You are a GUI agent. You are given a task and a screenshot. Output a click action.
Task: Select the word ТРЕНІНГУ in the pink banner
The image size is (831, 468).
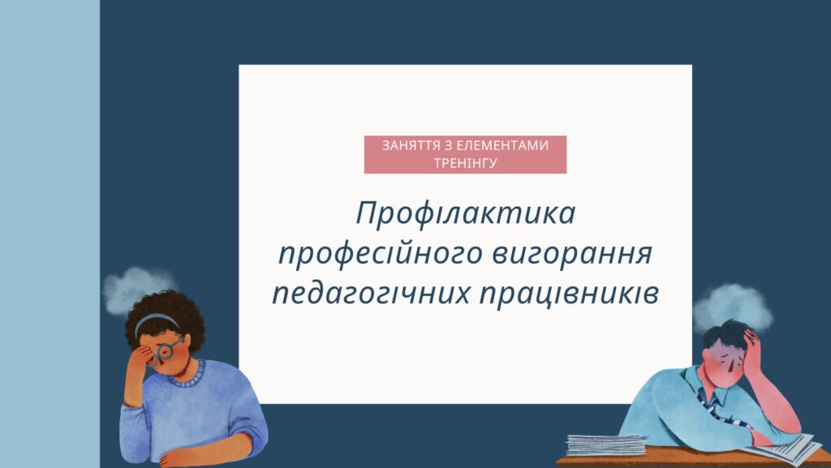(x=465, y=162)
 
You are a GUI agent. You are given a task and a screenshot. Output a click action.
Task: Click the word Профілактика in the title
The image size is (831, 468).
(x=465, y=214)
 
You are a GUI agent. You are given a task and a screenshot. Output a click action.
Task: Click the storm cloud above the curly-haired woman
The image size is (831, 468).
(x=137, y=286)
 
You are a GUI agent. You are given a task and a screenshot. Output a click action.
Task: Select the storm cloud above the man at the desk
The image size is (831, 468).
(x=732, y=304)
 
